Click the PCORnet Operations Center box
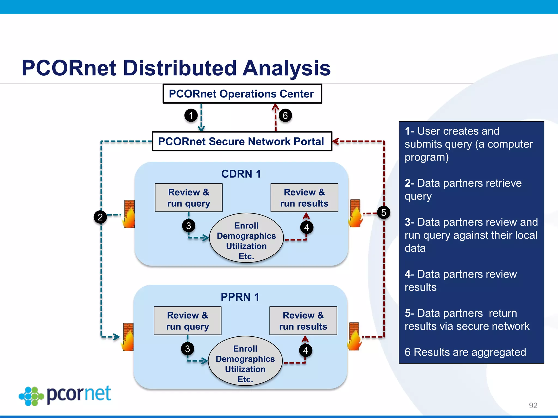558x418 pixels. pos(242,94)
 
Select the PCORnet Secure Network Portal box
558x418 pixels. pos(242,142)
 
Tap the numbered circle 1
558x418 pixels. pos(191,115)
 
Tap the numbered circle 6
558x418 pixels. pos(285,115)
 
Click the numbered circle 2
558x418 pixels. pos(100,217)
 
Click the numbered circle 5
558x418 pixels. pos(384,213)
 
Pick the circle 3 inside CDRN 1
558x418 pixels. pos(189,226)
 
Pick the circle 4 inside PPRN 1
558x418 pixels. pos(306,350)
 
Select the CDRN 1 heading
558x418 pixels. pos(241,174)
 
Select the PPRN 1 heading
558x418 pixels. pos(240,297)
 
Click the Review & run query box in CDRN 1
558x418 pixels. pos(189,198)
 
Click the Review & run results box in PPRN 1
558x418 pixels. pos(303,321)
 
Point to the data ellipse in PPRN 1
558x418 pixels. pos(245,361)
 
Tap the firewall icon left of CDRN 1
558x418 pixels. pos(129,214)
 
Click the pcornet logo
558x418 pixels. pos(65,395)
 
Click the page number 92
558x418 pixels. pos(533,405)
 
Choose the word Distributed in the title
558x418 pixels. pos(180,68)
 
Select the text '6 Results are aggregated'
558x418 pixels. pos(465,352)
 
